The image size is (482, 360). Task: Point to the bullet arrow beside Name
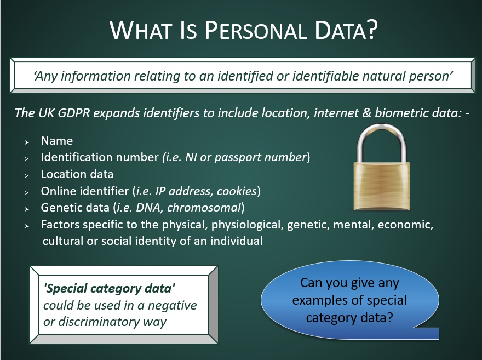pos(26,142)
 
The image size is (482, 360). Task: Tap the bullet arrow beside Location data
pos(26,175)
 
